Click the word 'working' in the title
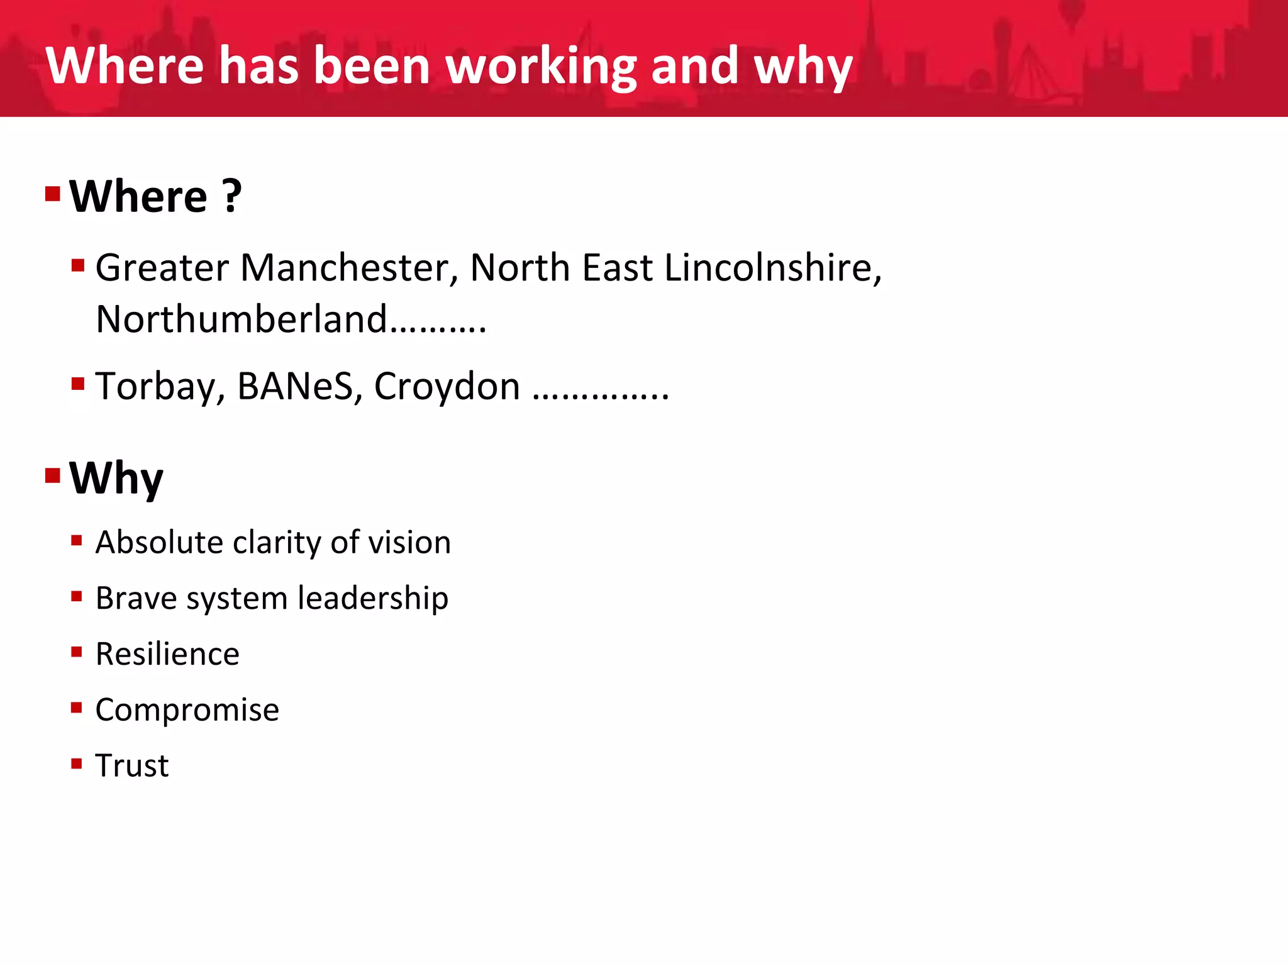[542, 66]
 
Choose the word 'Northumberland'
[241, 319]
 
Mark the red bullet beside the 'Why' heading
[53, 475]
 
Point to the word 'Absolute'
[159, 542]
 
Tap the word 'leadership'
[373, 597]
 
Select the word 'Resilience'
[167, 653]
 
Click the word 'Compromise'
[187, 709]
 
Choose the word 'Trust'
[132, 765]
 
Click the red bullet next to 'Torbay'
[78, 383]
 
